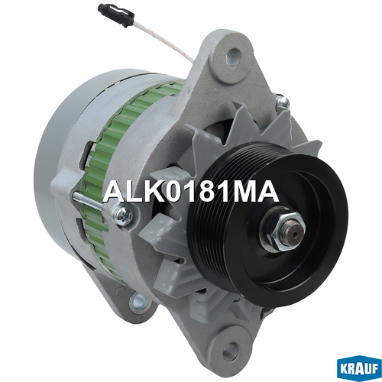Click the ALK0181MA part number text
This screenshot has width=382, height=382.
tap(191, 192)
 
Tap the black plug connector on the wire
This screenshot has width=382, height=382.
tap(116, 15)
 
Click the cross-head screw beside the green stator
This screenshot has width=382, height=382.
tap(123, 216)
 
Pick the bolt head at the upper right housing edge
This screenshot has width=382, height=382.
tap(282, 101)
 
